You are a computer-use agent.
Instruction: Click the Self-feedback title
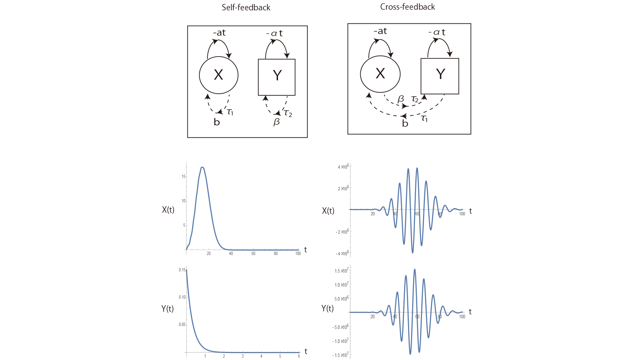coord(246,7)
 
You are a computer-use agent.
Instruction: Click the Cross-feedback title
coord(407,7)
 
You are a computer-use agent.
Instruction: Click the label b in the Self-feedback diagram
coord(217,122)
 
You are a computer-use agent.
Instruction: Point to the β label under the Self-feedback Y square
coord(277,122)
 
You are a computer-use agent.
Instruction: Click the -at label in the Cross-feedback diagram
coord(380,31)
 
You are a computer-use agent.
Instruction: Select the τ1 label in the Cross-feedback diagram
coord(424,118)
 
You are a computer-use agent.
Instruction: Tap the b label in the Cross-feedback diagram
coord(405,123)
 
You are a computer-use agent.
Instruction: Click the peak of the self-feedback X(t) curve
coord(202,167)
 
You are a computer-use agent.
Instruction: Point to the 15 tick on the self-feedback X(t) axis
coord(184,176)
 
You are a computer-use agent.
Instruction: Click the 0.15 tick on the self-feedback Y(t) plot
coord(182,270)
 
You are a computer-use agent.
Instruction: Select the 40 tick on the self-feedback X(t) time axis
coord(231,254)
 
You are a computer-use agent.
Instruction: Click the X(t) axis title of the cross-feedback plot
coord(328,211)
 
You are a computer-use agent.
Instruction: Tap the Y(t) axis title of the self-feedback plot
coord(167,309)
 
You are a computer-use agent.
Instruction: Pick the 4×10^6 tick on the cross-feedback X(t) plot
coord(343,166)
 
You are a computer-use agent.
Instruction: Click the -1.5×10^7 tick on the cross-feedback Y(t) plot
coord(340,355)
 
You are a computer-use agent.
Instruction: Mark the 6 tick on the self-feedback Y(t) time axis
coord(299,356)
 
